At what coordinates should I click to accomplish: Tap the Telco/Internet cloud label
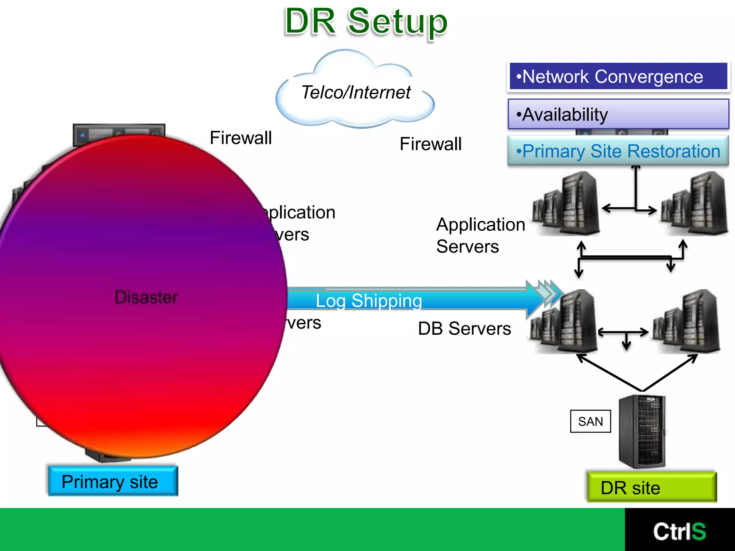(356, 92)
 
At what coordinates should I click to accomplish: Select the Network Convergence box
(618, 76)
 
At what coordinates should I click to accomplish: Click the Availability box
(618, 114)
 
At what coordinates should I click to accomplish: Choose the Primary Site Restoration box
(618, 151)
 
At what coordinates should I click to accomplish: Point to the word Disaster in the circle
(146, 297)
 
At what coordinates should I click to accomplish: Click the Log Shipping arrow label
(369, 301)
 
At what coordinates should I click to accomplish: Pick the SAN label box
(590, 421)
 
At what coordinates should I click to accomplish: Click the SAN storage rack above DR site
(642, 431)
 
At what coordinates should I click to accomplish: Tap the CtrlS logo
(679, 531)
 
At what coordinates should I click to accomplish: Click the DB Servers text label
(464, 329)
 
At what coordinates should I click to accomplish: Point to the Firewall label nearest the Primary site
(241, 138)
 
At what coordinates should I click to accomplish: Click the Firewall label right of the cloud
(430, 144)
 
